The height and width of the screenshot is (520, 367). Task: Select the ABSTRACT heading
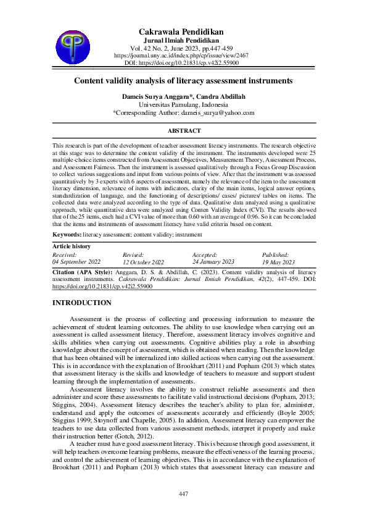(184, 131)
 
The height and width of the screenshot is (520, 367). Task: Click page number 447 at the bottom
(183, 494)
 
